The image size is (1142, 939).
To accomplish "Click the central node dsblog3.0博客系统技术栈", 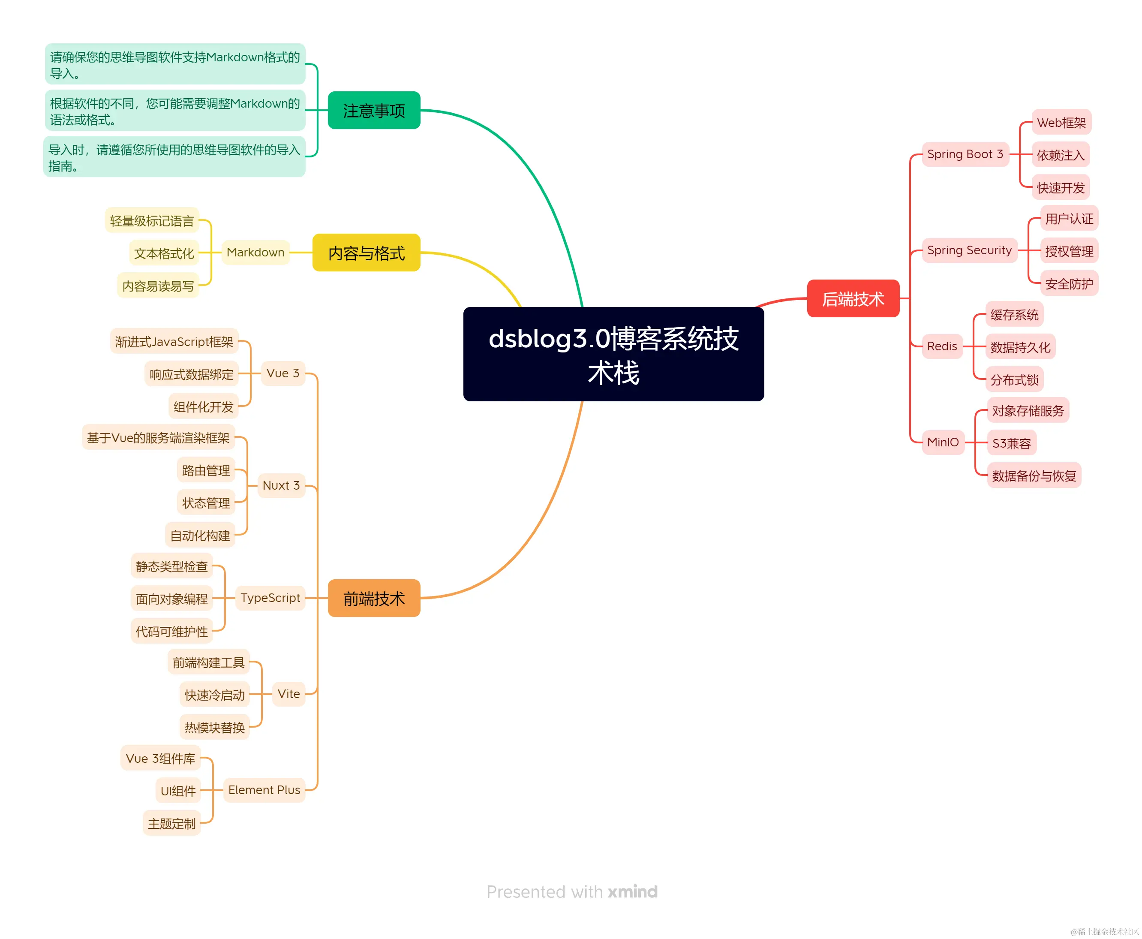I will coord(613,354).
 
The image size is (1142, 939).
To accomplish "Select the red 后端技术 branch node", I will coord(853,298).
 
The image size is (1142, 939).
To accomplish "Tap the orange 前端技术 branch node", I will coord(374,598).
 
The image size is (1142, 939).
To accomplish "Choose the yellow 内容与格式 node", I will coord(366,253).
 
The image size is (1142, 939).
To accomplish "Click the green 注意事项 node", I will coord(374,110).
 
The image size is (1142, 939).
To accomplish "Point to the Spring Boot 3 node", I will coord(965,154).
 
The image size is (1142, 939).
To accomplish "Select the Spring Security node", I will coord(969,250).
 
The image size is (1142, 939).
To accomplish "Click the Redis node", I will coord(942,346).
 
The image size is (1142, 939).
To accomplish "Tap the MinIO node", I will coord(943,442).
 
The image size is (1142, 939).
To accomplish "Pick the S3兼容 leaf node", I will coord(1011,443).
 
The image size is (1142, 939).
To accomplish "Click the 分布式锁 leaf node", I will coord(1014,380).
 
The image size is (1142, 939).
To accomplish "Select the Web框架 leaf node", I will coord(1061,123).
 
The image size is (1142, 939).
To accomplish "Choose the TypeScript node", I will coord(270,598).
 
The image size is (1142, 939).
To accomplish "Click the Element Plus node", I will coord(264,790).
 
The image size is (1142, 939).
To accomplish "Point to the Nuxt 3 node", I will coord(281,486).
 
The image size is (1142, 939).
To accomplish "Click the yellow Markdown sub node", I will coord(255,253).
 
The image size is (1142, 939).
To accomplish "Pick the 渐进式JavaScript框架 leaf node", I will coord(174,342).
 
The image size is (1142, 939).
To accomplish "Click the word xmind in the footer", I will coord(632,891).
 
